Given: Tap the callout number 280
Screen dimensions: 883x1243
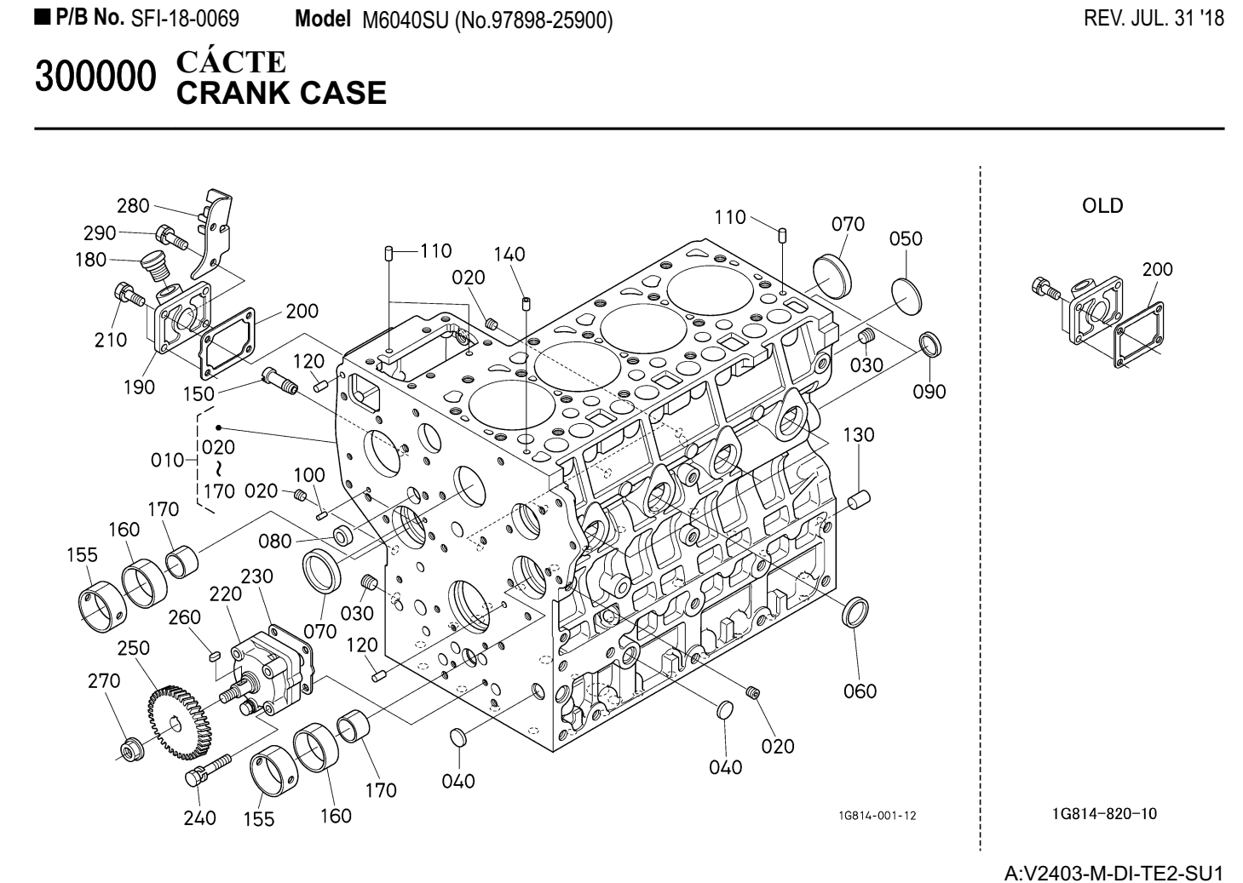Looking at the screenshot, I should point(133,205).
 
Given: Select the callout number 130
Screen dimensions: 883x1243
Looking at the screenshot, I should point(859,434).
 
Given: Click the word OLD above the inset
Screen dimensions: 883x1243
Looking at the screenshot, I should point(1102,206).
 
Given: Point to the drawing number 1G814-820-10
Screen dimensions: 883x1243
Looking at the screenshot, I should point(1104,814).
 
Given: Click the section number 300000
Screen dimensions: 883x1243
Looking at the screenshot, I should point(96,79).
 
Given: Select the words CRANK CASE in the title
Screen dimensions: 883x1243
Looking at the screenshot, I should point(280,93).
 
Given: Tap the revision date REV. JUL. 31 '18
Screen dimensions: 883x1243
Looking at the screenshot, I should point(1154,19).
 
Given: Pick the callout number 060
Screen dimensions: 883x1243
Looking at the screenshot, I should point(860,691).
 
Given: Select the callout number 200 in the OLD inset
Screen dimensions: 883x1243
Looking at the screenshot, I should point(1157,270).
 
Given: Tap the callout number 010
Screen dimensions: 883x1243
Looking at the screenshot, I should point(167,461).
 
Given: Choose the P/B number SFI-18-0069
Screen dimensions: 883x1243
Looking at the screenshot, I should point(184,19).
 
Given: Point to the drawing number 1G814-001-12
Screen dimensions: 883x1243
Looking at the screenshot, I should point(877,816).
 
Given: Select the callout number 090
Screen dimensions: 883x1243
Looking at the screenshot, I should point(929,391).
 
